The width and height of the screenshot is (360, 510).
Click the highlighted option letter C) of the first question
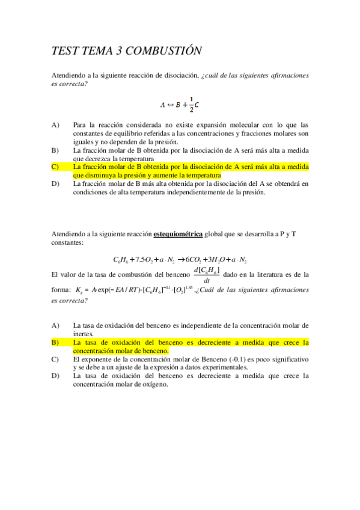tap(55, 167)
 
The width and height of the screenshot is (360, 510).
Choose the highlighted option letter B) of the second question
tap(55, 342)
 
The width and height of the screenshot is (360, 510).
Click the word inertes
tap(84, 333)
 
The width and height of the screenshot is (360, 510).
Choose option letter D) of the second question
tap(55, 376)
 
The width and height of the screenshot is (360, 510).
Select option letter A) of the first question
tap(55, 125)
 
